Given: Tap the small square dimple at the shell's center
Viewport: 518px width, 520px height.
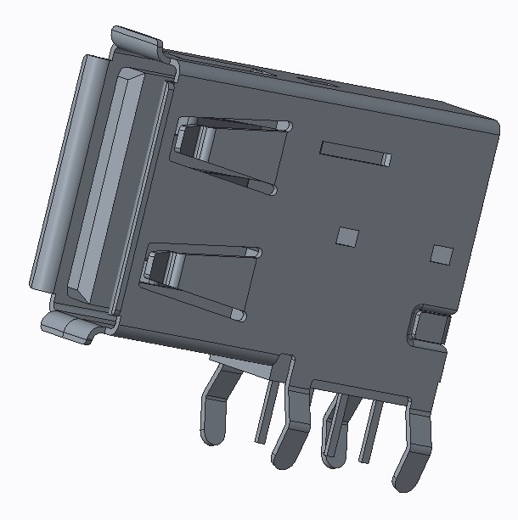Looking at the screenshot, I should point(347,236).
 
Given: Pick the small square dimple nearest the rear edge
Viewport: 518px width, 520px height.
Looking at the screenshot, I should point(442,254).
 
